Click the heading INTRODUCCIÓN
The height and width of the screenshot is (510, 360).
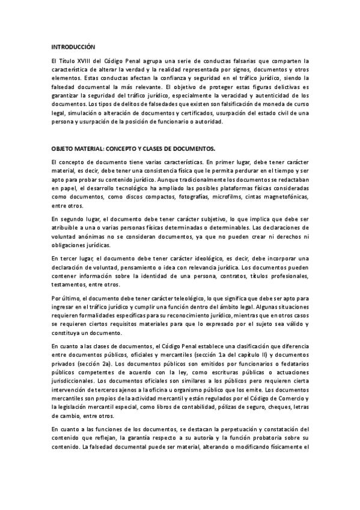(x=73, y=46)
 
